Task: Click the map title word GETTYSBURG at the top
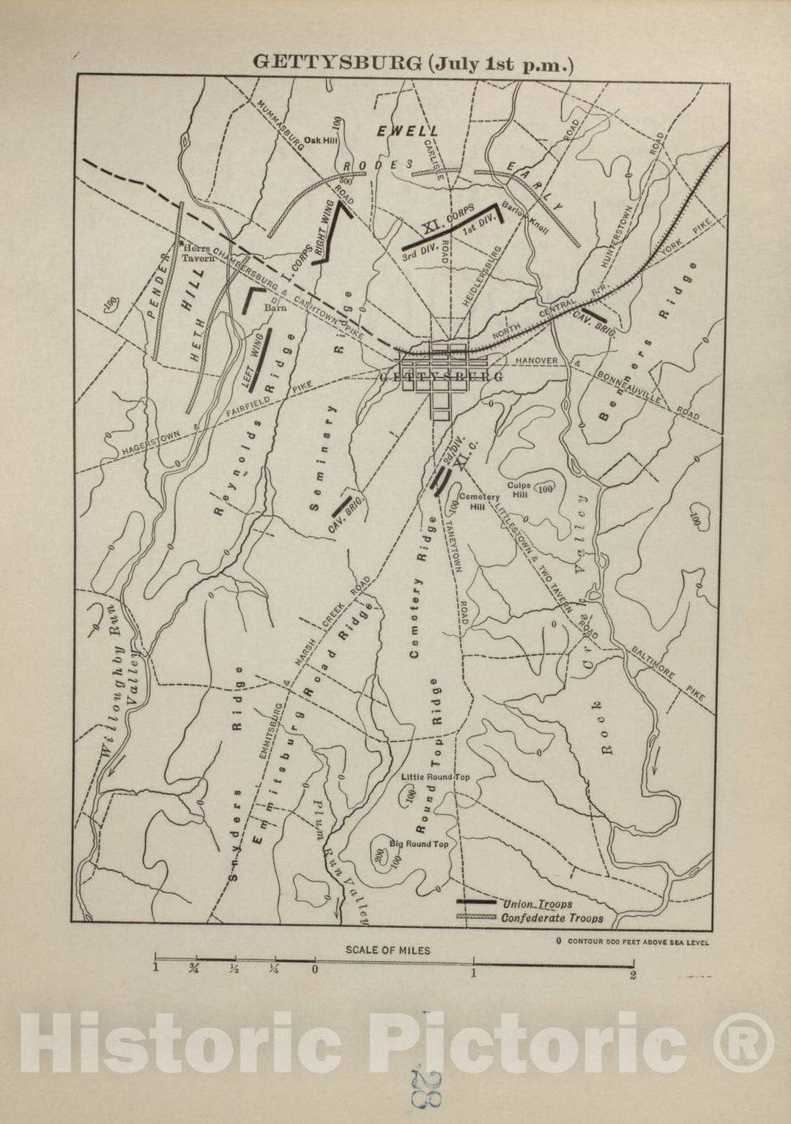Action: (336, 63)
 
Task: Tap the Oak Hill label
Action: (320, 140)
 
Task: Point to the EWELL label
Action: (407, 130)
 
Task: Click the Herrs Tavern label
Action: (197, 253)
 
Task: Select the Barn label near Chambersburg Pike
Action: (274, 308)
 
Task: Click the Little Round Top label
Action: (435, 776)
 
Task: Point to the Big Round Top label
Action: (418, 844)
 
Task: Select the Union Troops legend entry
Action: (538, 904)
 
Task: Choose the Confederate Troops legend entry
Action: (552, 918)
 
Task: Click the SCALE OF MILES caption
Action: (388, 950)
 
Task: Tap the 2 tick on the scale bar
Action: (632, 974)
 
